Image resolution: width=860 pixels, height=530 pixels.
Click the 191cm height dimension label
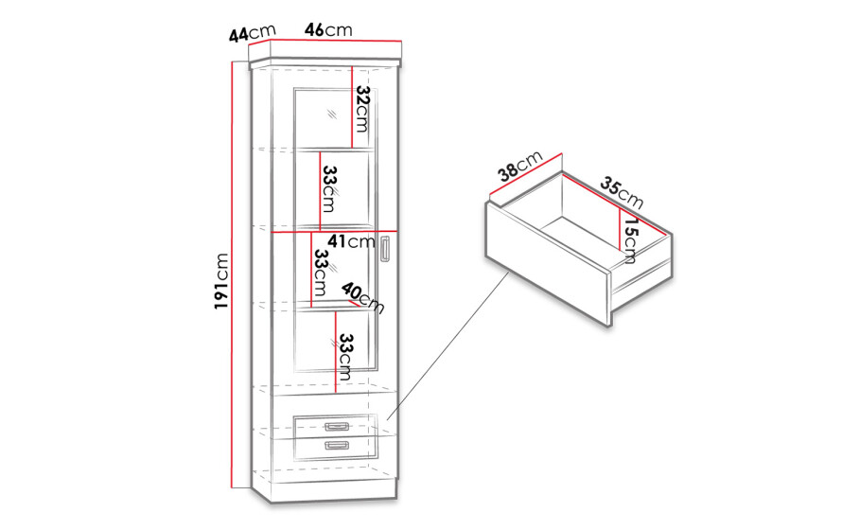[221, 281]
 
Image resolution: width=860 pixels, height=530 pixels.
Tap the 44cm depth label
[253, 33]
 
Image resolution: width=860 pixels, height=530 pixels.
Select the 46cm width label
[328, 29]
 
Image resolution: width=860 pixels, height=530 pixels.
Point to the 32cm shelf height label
[362, 109]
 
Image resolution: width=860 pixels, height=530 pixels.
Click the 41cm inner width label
[351, 240]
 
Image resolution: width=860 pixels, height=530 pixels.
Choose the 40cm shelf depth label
[362, 298]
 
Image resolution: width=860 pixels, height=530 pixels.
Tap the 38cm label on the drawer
[520, 166]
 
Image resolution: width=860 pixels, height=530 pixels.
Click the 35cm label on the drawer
[622, 192]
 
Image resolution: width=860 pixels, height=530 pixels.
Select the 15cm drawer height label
[630, 238]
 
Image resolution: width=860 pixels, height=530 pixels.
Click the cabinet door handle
[385, 250]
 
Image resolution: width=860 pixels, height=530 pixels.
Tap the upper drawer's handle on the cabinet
[336, 427]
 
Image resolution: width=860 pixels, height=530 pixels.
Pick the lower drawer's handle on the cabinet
[336, 445]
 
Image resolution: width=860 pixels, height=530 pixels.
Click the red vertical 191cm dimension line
[233, 274]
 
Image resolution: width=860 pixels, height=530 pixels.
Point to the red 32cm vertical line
[352, 107]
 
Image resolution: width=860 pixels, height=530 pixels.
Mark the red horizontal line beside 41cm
[335, 232]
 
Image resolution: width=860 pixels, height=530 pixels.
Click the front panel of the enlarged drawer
[549, 264]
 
